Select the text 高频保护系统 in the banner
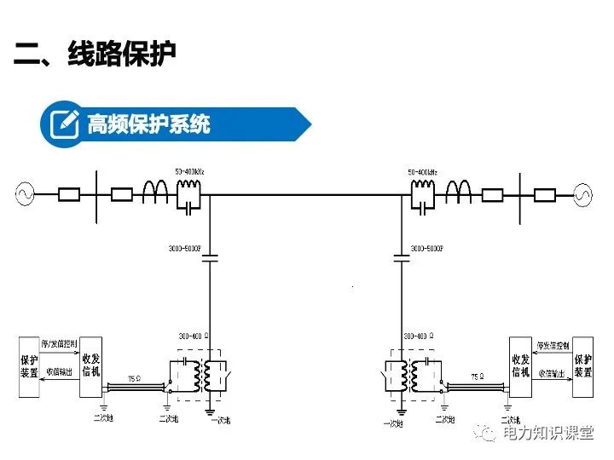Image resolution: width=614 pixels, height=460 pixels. click(x=148, y=124)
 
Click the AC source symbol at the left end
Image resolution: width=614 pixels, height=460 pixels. click(x=24, y=194)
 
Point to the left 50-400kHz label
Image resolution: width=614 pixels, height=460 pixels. click(x=189, y=173)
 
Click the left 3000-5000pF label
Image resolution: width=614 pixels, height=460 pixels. click(x=185, y=249)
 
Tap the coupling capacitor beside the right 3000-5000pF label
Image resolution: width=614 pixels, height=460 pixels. click(x=400, y=255)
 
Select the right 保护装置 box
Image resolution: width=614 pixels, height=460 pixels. click(x=582, y=366)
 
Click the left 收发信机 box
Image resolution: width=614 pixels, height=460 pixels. click(x=90, y=366)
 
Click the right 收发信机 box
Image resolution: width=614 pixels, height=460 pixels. click(x=520, y=366)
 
